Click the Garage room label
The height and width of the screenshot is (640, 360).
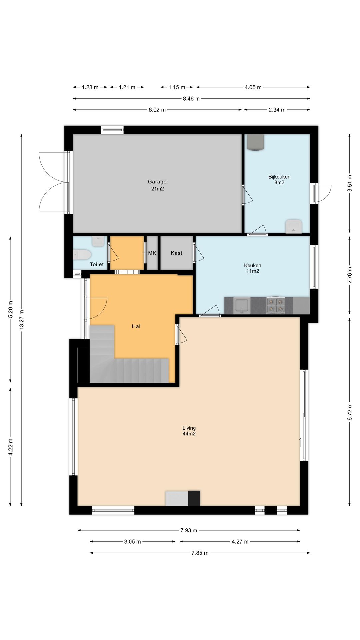click(157, 182)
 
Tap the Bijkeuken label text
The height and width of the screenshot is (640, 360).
click(279, 177)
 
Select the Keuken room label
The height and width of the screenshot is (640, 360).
click(253, 265)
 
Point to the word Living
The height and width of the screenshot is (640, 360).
click(189, 428)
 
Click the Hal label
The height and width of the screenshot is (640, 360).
click(136, 326)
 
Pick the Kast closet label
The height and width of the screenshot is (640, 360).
click(177, 253)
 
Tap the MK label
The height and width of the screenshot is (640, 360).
click(152, 253)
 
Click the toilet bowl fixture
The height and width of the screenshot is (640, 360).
click(82, 255)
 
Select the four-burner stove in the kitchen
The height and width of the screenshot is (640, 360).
click(276, 305)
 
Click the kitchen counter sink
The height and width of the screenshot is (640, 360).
click(242, 306)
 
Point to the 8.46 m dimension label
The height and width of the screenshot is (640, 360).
click(191, 99)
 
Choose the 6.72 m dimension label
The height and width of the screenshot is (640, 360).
click(350, 412)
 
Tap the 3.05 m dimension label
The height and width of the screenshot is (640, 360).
click(133, 542)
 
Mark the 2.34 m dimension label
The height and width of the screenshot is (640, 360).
click(277, 110)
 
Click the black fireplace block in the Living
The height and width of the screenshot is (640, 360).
click(194, 498)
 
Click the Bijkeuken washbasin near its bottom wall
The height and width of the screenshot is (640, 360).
click(294, 226)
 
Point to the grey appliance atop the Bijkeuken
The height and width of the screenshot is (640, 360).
click(256, 142)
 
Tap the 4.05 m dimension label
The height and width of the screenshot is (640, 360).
click(253, 87)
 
